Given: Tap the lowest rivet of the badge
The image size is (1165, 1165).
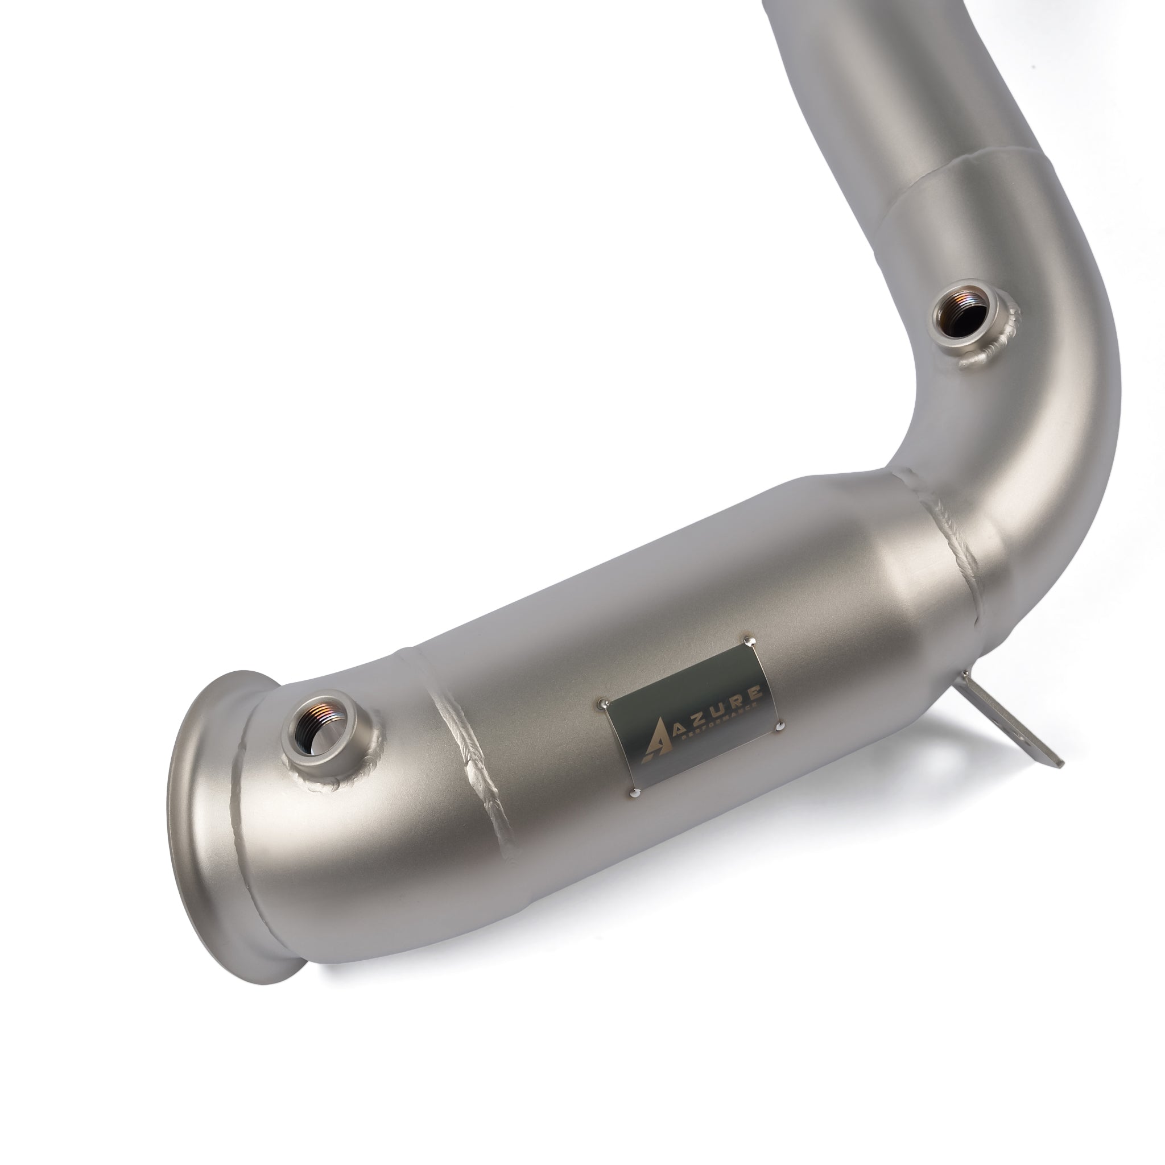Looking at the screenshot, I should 634,794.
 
